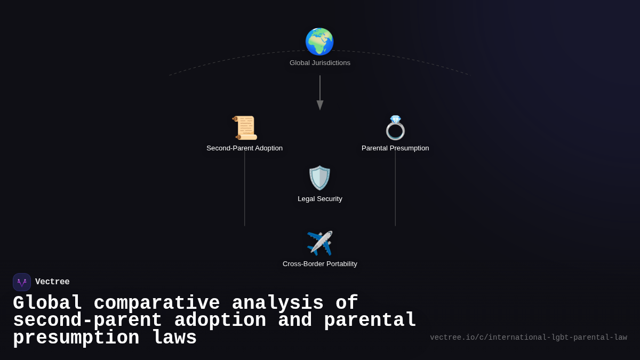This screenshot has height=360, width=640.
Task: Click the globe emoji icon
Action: point(319,42)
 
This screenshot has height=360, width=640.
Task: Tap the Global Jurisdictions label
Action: point(320,63)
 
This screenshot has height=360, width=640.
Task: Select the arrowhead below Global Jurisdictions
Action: point(320,105)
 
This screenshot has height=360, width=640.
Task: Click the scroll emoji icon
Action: point(245,128)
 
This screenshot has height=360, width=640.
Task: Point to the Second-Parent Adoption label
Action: point(245,148)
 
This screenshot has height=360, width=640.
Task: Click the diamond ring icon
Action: point(395,128)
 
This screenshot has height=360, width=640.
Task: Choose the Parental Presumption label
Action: point(395,148)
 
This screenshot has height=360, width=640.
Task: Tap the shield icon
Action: point(320,178)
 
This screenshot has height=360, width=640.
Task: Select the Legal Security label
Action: point(320,199)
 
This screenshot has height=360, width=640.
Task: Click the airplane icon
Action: point(320,243)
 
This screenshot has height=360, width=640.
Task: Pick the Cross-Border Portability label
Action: point(320,264)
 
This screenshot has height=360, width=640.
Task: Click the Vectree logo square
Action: point(22,282)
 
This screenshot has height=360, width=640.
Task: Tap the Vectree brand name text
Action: point(52,282)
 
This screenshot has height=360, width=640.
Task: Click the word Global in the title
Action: point(47,303)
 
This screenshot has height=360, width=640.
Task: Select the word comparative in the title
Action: point(157,303)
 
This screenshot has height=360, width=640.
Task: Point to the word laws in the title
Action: point(174,338)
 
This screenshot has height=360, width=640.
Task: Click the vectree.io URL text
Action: point(529,338)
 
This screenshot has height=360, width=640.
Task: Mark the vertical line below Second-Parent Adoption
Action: point(245,189)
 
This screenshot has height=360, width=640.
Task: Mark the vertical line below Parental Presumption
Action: point(395,189)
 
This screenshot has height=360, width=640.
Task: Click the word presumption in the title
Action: point(76,338)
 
